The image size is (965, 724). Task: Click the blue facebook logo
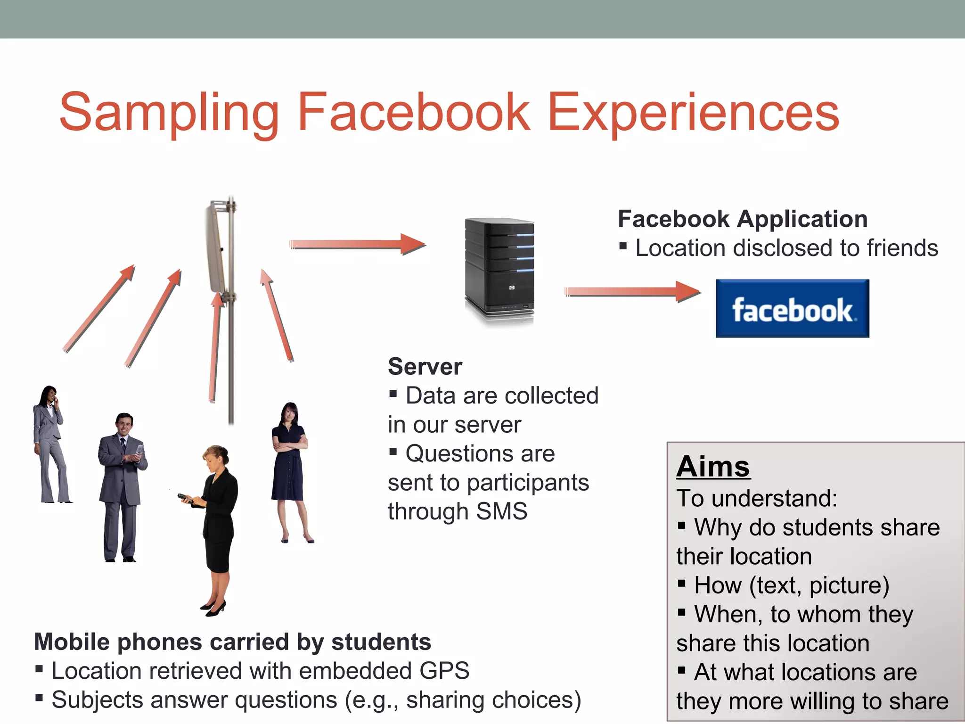[x=792, y=308]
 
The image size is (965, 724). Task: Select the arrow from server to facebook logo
[x=632, y=292]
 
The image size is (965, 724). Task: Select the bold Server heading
[x=425, y=367]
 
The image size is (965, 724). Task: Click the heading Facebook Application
[x=743, y=219]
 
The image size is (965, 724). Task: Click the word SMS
[x=502, y=511]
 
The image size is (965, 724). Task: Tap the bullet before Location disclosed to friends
[x=623, y=246]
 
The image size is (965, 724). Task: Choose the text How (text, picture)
[x=792, y=585]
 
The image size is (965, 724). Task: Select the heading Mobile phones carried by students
[x=233, y=642]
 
